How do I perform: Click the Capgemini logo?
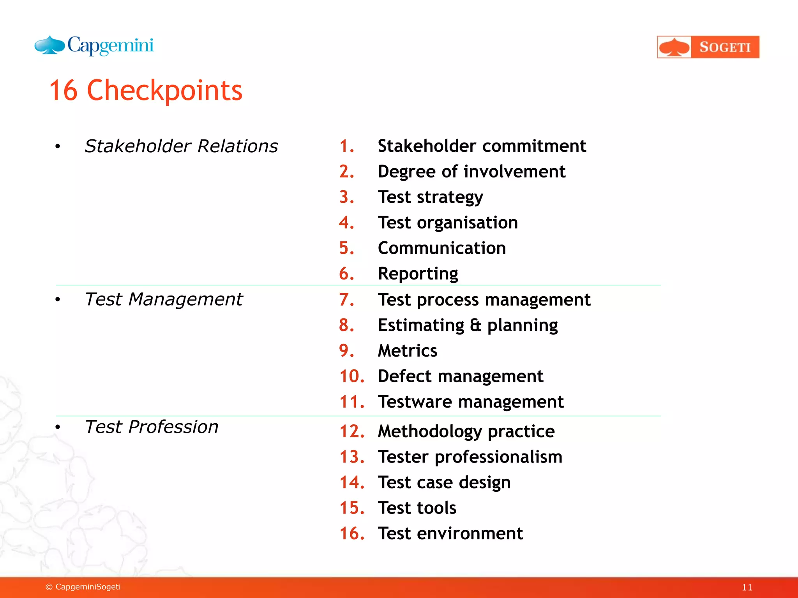94,46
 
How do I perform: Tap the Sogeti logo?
708,47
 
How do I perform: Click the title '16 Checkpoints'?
146,90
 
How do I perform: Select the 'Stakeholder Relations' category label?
181,146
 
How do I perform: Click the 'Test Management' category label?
164,299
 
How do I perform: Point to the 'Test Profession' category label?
152,427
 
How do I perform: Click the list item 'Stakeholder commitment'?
482,146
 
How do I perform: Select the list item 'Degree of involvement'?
471,172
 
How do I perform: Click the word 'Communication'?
442,248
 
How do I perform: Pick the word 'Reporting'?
418,274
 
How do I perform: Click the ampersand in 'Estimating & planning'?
476,325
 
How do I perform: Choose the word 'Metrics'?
408,351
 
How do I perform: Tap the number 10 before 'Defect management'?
352,376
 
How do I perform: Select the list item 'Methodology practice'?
466,432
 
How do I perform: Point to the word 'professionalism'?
498,457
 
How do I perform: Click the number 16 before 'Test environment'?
352,533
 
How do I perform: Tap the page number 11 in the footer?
747,587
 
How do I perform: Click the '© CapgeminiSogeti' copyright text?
83,587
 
